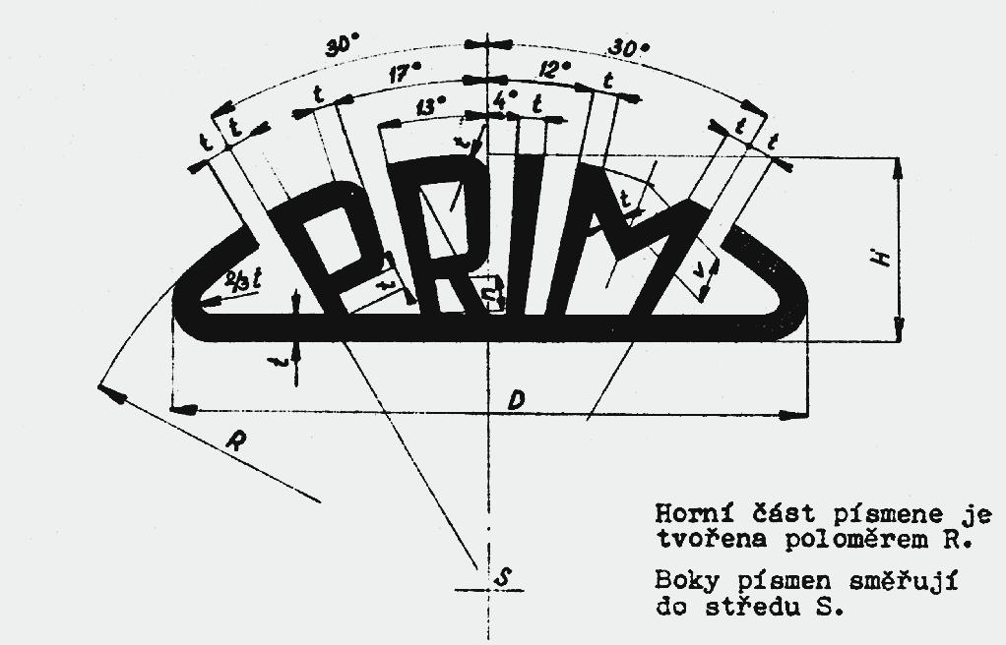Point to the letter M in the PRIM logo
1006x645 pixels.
(630, 246)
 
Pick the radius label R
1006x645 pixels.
(236, 441)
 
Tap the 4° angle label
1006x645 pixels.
(505, 101)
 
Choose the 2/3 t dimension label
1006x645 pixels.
(244, 279)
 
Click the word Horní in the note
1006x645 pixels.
(685, 514)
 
